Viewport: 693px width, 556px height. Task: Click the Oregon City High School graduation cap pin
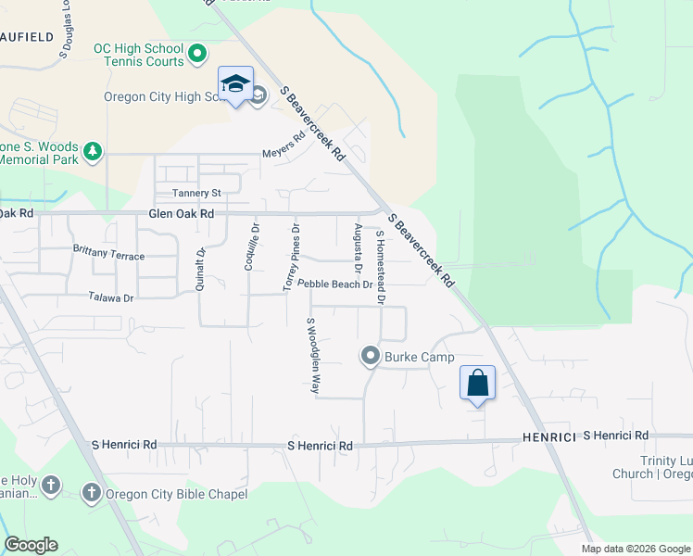click(235, 85)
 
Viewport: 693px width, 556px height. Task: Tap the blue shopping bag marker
click(477, 384)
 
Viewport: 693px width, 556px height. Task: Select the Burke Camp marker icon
click(371, 355)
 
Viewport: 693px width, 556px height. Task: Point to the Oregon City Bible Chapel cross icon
click(92, 493)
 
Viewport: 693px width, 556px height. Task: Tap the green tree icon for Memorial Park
click(92, 150)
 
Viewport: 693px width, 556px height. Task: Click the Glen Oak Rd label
click(182, 213)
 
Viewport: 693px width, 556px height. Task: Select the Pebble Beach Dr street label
click(334, 284)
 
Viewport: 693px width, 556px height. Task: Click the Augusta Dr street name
click(357, 249)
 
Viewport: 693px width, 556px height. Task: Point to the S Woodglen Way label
click(313, 356)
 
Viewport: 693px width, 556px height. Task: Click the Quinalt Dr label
click(200, 270)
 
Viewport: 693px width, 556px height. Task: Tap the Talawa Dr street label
click(111, 297)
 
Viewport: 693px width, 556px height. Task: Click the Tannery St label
click(197, 193)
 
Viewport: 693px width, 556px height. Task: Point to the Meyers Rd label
click(283, 147)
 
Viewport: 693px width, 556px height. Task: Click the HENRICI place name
click(549, 436)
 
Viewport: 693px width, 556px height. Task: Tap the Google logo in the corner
click(31, 545)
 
